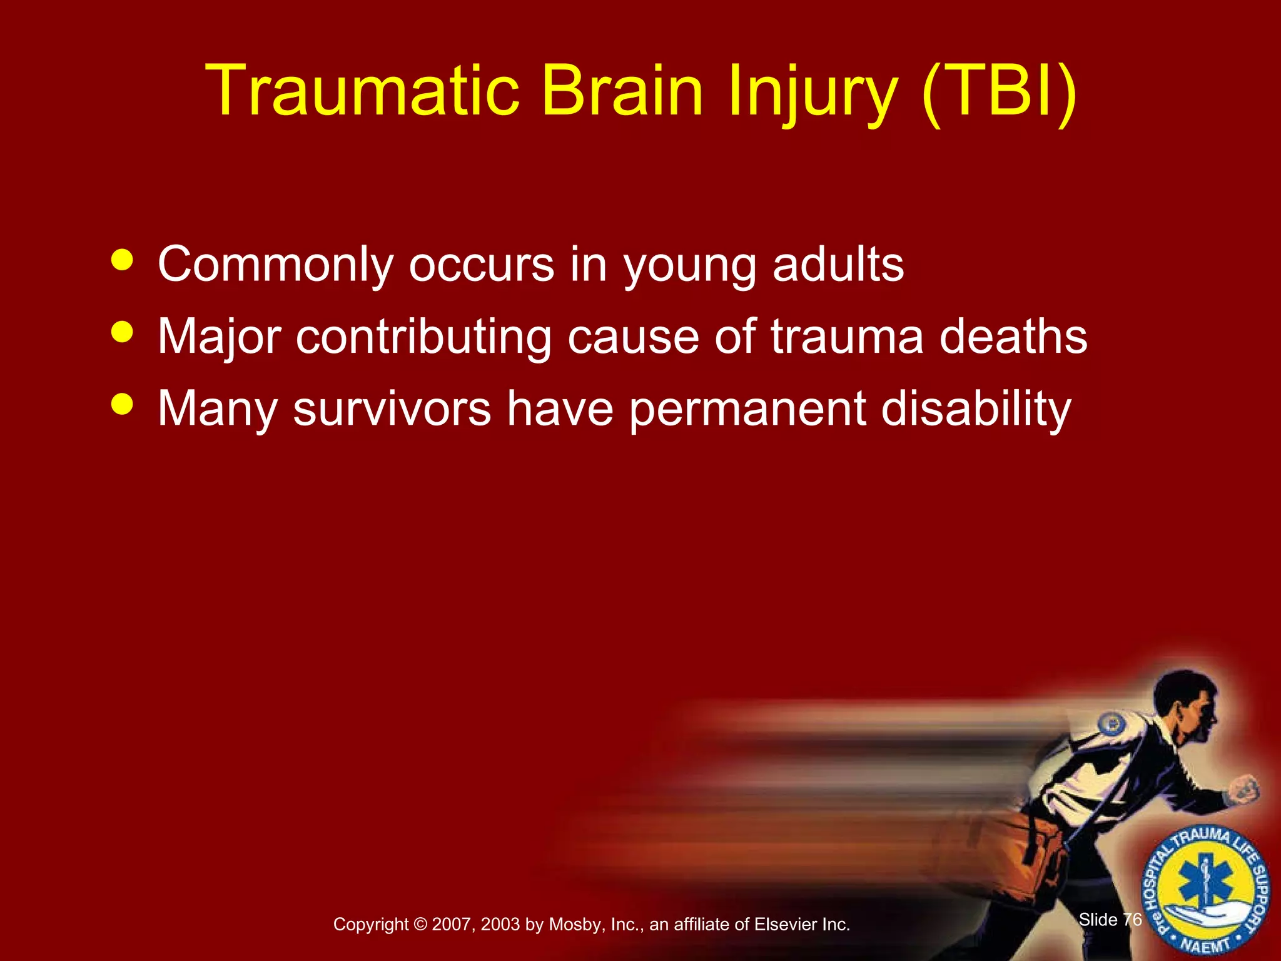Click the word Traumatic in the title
click(363, 91)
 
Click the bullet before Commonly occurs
click(122, 260)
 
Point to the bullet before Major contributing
click(122, 332)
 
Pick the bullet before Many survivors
click(122, 404)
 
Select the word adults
click(838, 264)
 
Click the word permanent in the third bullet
click(747, 410)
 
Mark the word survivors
click(392, 410)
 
